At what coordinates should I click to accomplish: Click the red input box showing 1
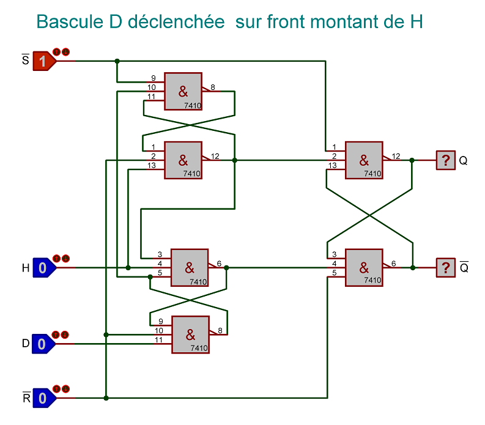43,61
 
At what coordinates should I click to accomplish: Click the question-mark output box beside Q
445,160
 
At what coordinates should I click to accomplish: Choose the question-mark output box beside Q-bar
445,267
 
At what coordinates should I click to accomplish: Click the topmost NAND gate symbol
183,92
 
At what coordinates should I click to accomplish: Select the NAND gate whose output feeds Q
364,160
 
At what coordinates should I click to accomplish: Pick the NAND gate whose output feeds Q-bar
364,267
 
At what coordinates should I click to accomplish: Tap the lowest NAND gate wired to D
190,334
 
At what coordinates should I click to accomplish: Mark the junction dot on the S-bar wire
117,61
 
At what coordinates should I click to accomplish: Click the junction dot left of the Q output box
413,160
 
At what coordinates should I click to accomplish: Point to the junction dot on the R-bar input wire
106,398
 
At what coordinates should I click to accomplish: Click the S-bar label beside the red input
25,60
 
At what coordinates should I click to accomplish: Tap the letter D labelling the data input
25,344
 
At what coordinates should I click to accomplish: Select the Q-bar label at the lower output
464,267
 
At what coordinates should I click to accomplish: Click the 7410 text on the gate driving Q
372,174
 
